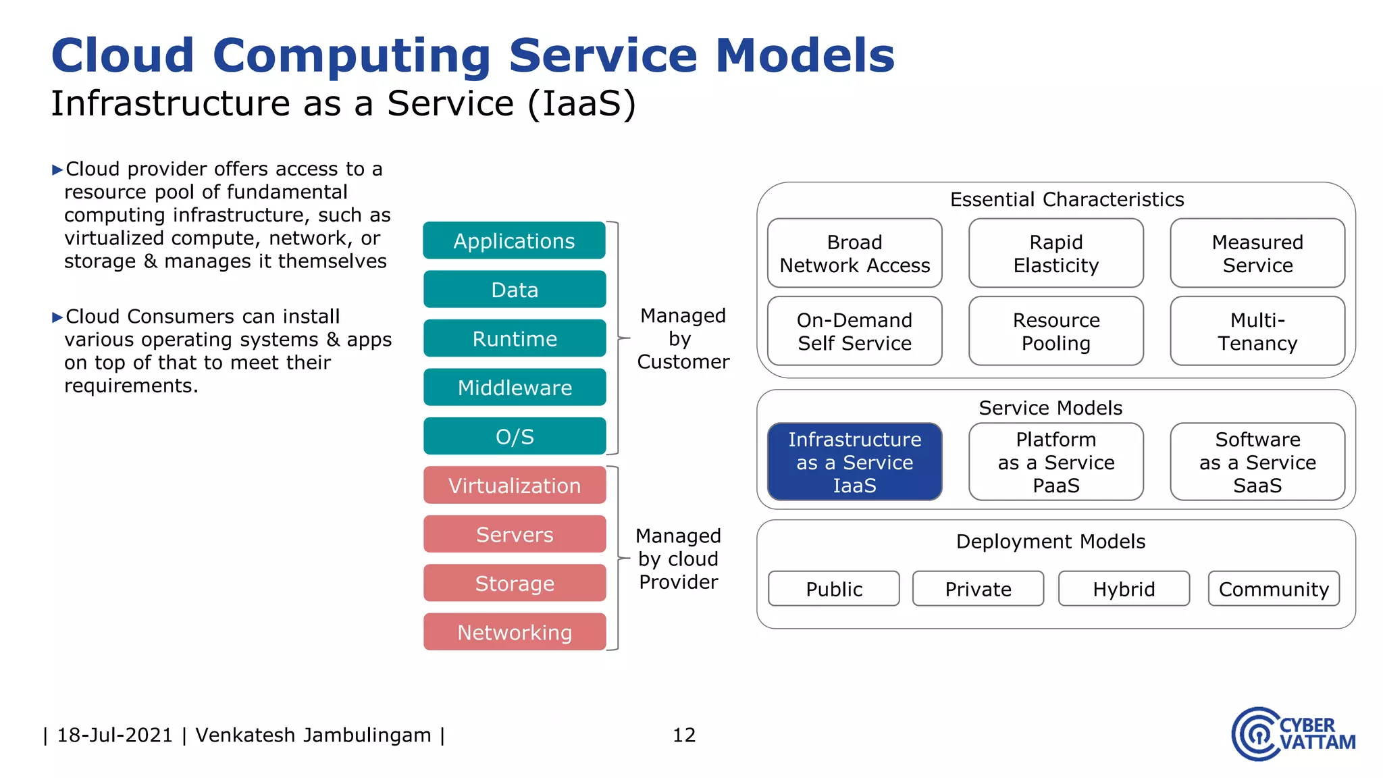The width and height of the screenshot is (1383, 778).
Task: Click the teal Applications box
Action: pyautogui.click(x=514, y=240)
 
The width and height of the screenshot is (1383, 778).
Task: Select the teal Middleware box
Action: pyautogui.click(x=514, y=387)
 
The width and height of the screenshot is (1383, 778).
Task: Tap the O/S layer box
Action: pyautogui.click(x=514, y=436)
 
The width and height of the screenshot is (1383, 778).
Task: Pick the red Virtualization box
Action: pyautogui.click(x=514, y=485)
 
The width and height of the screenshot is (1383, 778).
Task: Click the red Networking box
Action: pyautogui.click(x=514, y=631)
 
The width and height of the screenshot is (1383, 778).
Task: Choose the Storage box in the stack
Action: pyautogui.click(x=514, y=583)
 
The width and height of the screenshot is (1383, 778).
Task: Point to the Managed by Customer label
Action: pyautogui.click(x=683, y=338)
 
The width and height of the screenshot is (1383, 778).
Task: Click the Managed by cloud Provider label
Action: pyautogui.click(x=678, y=559)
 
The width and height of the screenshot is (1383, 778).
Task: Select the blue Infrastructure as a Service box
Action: pyautogui.click(x=854, y=462)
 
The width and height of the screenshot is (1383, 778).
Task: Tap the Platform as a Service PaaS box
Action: pyautogui.click(x=1055, y=462)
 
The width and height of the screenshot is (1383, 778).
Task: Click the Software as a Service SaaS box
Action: pyautogui.click(x=1257, y=462)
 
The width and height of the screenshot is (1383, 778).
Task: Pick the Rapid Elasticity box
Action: pyautogui.click(x=1055, y=253)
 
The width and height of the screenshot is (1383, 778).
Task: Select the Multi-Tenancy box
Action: pyautogui.click(x=1257, y=331)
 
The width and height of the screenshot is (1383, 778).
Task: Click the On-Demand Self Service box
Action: pyautogui.click(x=854, y=331)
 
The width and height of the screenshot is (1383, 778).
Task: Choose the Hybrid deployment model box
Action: pyautogui.click(x=1124, y=589)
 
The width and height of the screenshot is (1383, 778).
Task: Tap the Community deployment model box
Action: pyautogui.click(x=1273, y=589)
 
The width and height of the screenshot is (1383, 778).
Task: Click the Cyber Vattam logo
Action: pyautogui.click(x=1293, y=734)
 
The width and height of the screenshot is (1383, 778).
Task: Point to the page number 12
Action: pyautogui.click(x=683, y=735)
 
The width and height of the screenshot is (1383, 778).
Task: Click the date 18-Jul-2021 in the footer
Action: pyautogui.click(x=115, y=735)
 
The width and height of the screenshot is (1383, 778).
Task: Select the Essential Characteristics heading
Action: pyautogui.click(x=1066, y=199)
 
